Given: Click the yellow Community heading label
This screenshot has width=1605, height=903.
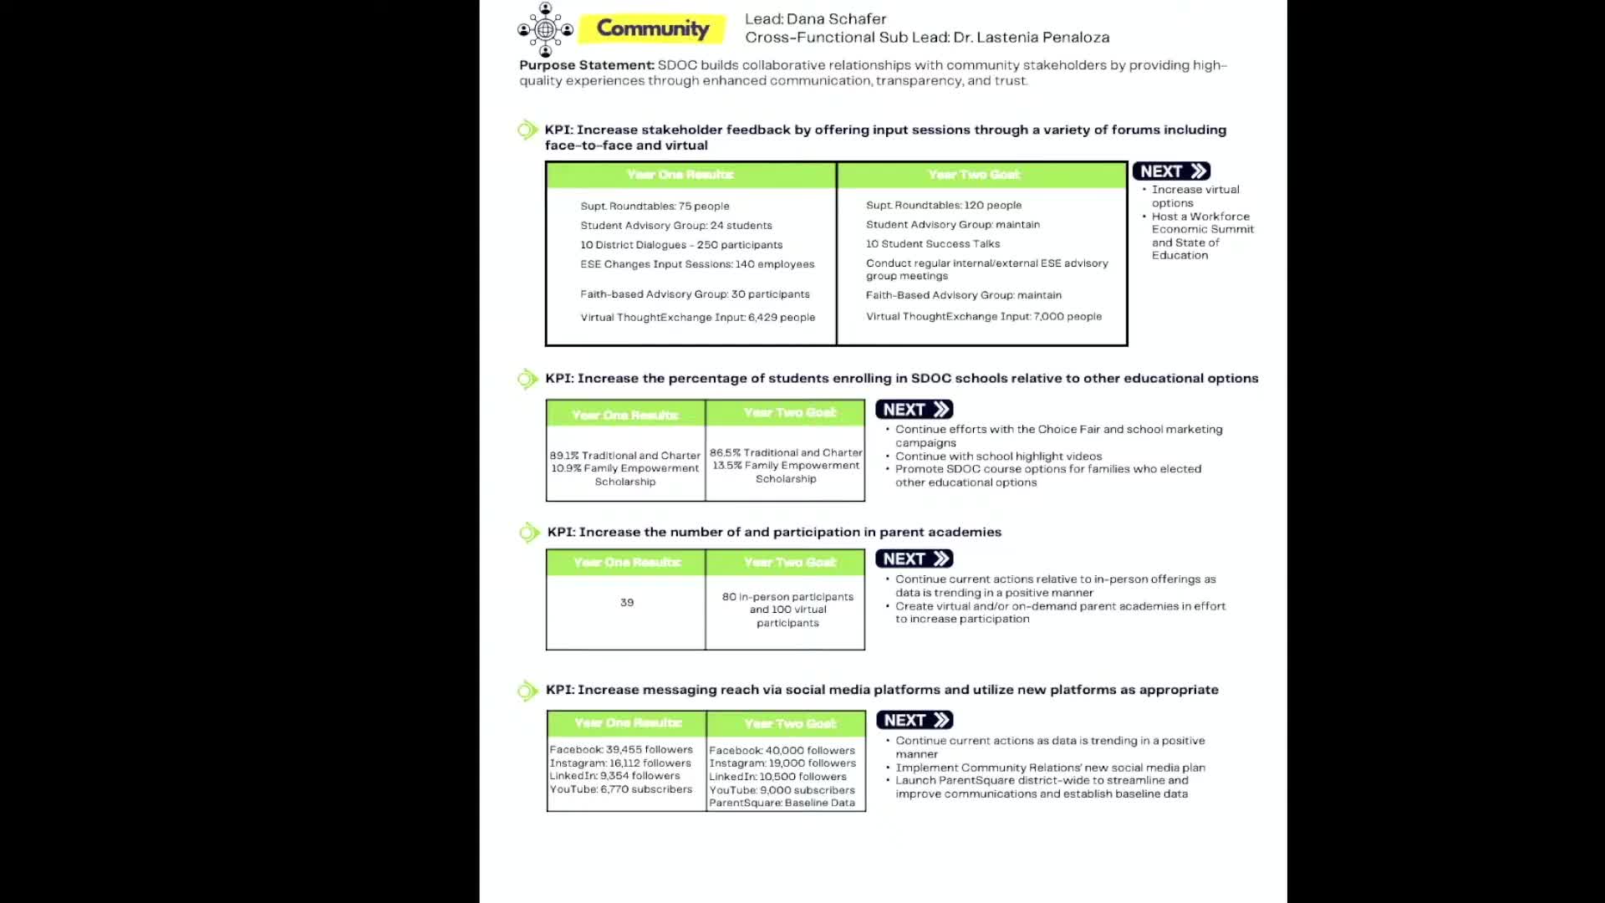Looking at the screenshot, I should pos(652,28).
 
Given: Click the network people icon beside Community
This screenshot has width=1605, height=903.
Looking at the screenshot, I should pos(545,29).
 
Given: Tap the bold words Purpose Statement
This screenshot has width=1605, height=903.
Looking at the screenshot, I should pos(586,65).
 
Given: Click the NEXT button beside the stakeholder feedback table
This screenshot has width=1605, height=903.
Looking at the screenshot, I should pos(1171,171).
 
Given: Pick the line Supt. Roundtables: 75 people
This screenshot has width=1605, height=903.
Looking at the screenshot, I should pos(655,206).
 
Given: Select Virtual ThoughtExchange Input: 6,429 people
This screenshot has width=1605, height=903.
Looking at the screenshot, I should pos(697,317).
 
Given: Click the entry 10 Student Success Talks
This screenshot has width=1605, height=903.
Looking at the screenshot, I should pos(932,243).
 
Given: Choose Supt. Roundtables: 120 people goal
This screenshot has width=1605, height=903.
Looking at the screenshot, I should pos(943,205).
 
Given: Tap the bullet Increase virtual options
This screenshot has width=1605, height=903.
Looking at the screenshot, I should pos(1195,196).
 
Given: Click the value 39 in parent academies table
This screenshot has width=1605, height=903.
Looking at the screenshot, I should pos(627,602).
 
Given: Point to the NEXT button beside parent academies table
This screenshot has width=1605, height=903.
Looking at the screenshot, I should pos(915,559).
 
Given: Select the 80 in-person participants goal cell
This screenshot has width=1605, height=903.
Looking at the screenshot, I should pos(787,609).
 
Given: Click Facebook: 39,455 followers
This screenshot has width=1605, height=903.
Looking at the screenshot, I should pos(621,749).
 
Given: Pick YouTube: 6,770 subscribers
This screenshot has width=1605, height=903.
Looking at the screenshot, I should pos(621,788).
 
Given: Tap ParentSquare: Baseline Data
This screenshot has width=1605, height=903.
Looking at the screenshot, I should pos(782,803).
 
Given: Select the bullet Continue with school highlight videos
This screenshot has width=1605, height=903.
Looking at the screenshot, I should pos(998,456).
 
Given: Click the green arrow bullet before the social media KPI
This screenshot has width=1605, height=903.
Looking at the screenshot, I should pos(527,690).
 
